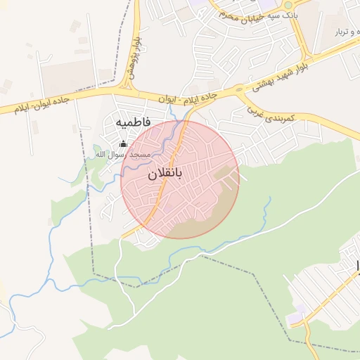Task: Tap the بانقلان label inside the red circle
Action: [167, 174]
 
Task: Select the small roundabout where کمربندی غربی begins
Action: [239, 89]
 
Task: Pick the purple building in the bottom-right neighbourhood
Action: [297, 309]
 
